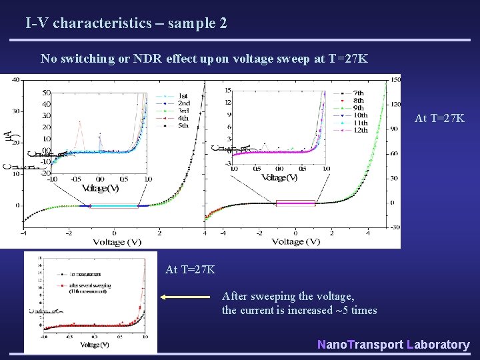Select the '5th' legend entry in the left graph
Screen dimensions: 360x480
pos(183,125)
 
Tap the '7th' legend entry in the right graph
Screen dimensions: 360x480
pos(358,93)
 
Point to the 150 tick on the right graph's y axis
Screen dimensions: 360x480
pos(395,80)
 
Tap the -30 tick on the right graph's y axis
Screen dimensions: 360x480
pos(395,227)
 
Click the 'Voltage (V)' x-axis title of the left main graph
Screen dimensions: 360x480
pos(113,241)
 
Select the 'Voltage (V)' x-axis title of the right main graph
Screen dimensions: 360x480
pos(297,241)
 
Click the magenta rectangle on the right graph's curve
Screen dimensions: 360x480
pos(295,203)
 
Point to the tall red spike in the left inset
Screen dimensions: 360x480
pos(79,123)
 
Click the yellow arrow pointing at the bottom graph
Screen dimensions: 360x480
pos(187,299)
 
